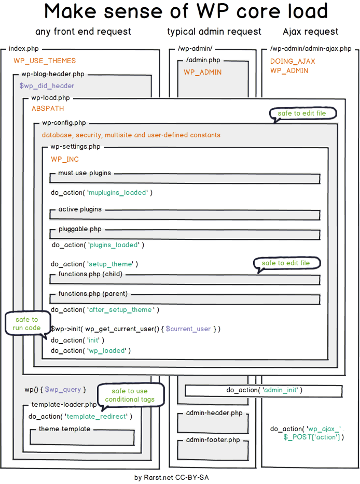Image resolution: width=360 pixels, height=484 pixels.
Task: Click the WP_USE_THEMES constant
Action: tap(45, 61)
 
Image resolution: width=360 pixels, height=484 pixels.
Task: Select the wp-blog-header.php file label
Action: tap(52, 74)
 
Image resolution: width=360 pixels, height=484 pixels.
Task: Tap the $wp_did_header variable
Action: tap(47, 86)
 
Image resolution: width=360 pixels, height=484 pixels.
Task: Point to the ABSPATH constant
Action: tap(48, 108)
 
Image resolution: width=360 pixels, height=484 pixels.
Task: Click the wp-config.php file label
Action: tap(64, 123)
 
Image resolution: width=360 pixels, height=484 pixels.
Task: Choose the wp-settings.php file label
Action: tap(75, 147)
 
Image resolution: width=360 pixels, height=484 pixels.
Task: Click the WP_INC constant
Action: tap(65, 159)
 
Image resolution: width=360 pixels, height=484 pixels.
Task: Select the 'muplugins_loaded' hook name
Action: tap(118, 192)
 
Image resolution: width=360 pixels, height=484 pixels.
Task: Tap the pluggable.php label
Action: tap(80, 229)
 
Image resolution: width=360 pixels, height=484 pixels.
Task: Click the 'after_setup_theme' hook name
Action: tap(120, 309)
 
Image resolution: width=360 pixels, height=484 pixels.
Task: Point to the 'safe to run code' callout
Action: tap(26, 324)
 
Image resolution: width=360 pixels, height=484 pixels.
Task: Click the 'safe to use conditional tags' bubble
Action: tap(130, 395)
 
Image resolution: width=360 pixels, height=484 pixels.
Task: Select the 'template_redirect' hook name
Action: tap(96, 416)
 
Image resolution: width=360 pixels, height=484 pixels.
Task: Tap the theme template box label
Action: tap(64, 429)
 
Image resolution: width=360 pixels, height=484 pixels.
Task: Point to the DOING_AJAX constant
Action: tap(292, 61)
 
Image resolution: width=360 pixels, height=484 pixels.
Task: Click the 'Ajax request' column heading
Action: tap(310, 32)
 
